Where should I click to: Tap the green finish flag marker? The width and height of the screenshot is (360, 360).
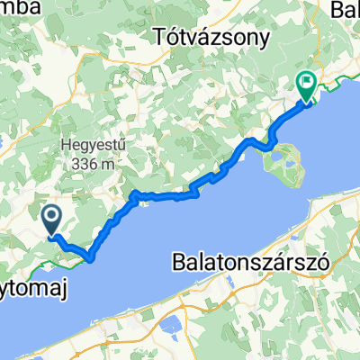(306, 85)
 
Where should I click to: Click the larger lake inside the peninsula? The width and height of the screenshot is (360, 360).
(287, 163)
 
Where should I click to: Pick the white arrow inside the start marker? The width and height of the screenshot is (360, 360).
(49, 215)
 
